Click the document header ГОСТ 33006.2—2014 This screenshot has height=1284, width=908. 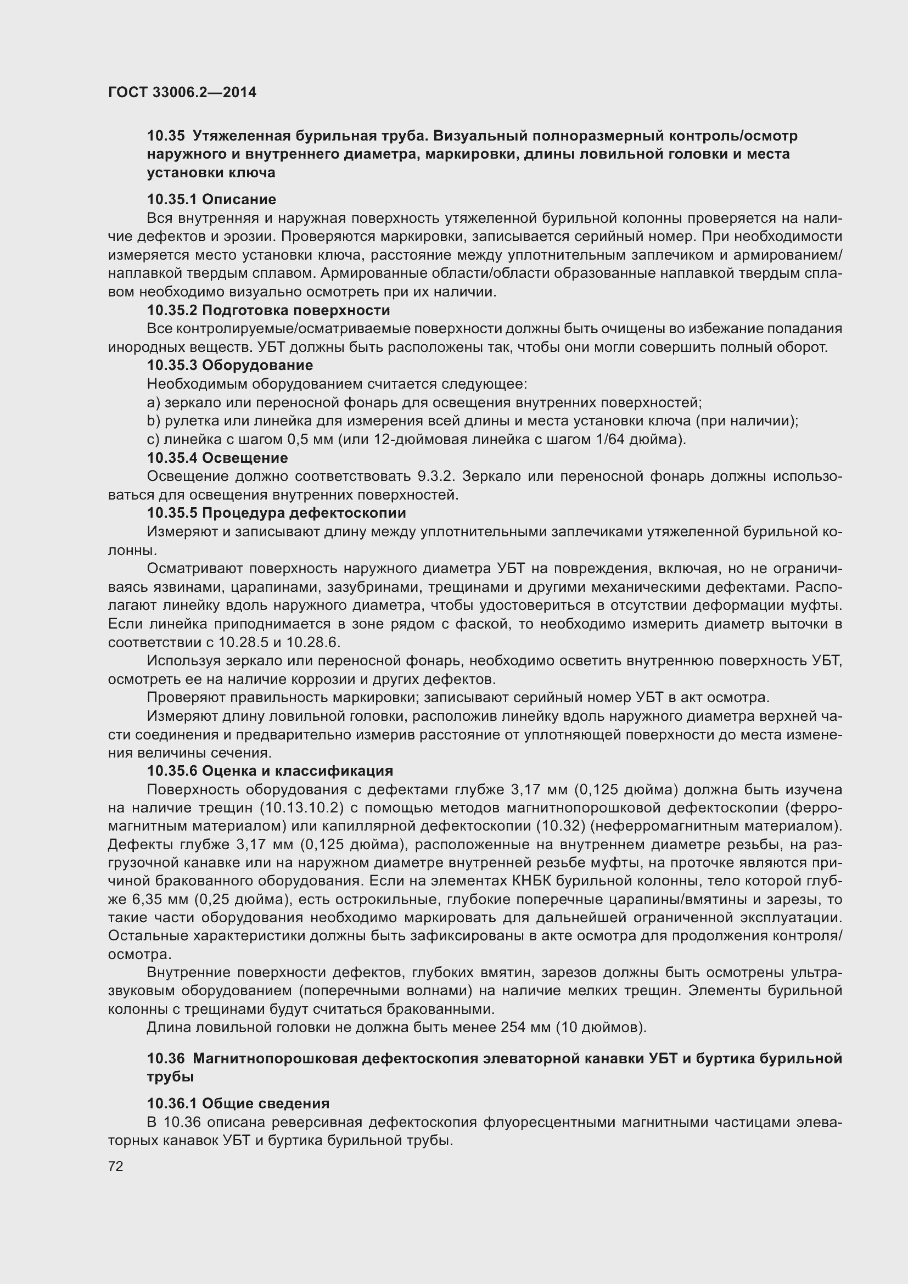[182, 92]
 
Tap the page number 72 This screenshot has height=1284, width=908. [116, 1166]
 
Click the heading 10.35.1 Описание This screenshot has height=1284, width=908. [211, 199]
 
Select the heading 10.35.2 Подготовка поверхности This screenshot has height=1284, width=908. [268, 310]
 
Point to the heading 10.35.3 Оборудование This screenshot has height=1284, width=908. [230, 365]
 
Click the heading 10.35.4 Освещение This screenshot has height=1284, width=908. [217, 457]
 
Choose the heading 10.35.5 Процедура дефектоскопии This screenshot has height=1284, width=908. [276, 513]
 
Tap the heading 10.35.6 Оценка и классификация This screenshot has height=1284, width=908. [270, 771]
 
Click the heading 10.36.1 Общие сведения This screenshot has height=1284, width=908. [238, 1103]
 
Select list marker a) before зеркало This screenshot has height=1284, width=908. [153, 402]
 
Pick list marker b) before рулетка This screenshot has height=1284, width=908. [153, 421]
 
